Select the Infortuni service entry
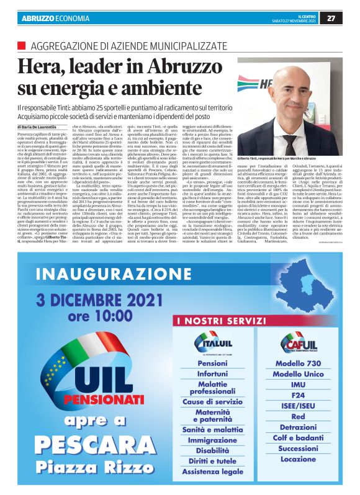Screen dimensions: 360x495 point(212,374)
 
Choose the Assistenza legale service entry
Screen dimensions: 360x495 point(212,471)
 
